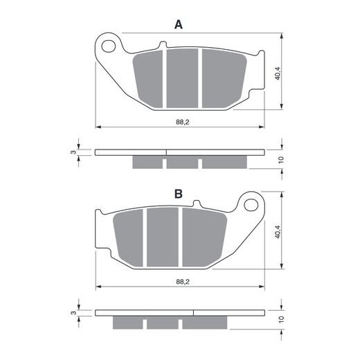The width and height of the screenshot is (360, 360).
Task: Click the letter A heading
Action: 179,24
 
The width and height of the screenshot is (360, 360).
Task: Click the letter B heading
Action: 179,194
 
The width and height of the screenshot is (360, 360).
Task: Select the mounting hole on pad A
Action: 109,46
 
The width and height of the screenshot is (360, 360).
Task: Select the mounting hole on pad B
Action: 251,205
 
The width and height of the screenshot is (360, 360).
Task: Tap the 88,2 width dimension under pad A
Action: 183,122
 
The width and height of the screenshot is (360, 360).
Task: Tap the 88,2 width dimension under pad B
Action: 183,282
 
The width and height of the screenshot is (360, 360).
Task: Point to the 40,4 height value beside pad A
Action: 278,73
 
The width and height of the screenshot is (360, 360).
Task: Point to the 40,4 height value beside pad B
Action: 278,232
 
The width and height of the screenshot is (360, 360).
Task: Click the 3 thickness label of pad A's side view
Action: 73,152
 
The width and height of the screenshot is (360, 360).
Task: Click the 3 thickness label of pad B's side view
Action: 73,313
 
